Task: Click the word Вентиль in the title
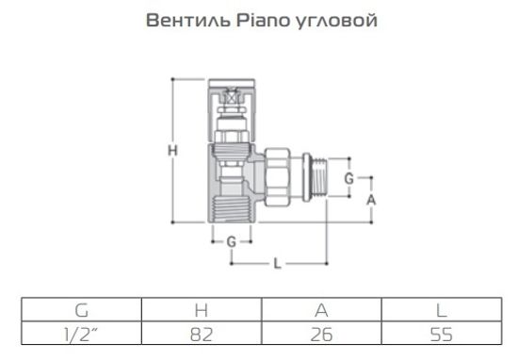(x=181, y=21)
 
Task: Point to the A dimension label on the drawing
(x=371, y=200)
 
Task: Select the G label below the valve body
(x=231, y=242)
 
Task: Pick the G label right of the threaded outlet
(x=348, y=177)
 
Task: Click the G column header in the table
(x=81, y=309)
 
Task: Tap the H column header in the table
(x=201, y=309)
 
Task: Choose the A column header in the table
(x=319, y=309)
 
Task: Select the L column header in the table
(x=438, y=309)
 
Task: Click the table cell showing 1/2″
(x=81, y=334)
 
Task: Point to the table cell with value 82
(x=201, y=334)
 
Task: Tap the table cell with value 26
(x=319, y=334)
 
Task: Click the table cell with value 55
(x=438, y=334)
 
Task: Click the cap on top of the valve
(x=231, y=94)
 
